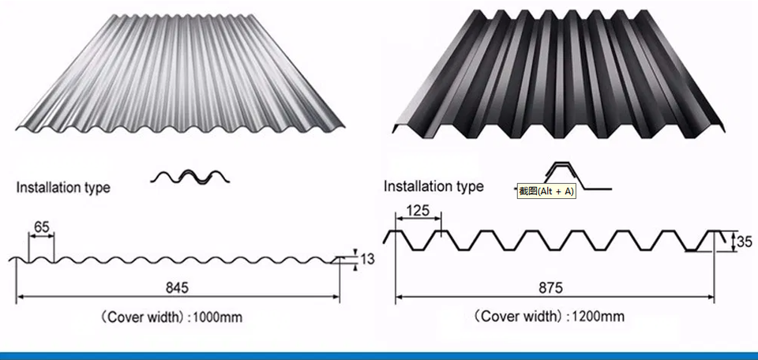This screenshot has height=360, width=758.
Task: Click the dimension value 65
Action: pos(42,227)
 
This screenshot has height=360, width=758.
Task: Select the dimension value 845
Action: pos(178,286)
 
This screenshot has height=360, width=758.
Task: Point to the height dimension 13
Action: pos(367,259)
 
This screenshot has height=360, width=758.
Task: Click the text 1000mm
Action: pos(216,317)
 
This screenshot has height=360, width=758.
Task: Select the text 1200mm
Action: pos(597,317)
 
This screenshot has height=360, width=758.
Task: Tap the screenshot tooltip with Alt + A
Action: pos(546,191)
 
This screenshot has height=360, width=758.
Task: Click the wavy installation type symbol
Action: pos(191,177)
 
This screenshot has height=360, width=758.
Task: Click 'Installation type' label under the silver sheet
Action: pos(63,188)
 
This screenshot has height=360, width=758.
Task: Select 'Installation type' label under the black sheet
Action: pos(433,186)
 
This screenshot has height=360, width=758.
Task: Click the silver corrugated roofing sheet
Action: pos(182,71)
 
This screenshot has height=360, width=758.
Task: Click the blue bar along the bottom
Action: pos(379,355)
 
